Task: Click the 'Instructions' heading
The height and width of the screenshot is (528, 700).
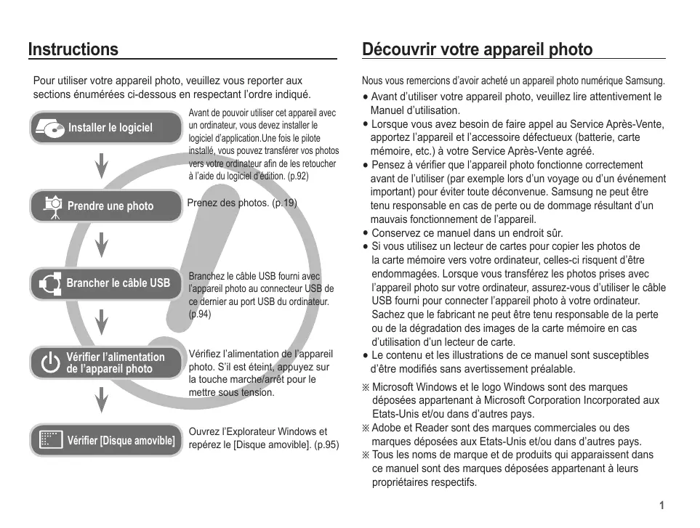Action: click(73, 49)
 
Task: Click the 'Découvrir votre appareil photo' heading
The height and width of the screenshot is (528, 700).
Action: click(477, 49)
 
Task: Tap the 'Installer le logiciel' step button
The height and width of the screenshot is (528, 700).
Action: click(106, 128)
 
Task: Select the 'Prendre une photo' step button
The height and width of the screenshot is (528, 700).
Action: click(106, 206)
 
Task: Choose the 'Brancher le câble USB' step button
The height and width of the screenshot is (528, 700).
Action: click(106, 283)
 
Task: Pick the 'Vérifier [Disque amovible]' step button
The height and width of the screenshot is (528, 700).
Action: click(106, 440)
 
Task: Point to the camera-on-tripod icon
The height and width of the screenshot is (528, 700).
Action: click(52, 207)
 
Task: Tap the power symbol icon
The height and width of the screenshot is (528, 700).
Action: click(50, 362)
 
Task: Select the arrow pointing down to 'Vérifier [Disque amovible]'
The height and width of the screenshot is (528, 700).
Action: click(102, 399)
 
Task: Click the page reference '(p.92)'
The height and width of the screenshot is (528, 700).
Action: click(298, 176)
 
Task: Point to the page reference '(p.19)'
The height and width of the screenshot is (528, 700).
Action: click(284, 203)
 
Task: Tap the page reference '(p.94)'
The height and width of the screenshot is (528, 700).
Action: click(200, 314)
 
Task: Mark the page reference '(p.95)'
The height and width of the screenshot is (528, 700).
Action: click(326, 445)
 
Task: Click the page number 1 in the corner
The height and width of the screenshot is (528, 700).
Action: click(661, 505)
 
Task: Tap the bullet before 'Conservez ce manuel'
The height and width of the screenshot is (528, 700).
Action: click(366, 234)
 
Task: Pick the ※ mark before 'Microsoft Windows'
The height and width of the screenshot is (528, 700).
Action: click(366, 388)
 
